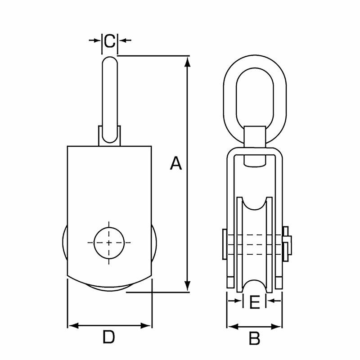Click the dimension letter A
176,164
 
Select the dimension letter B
255,338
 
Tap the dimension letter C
109,40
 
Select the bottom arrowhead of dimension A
188,286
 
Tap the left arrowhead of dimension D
72,325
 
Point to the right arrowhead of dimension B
279,326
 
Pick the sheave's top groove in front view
255,207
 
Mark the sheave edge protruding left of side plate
64,245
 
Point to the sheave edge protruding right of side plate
154,245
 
